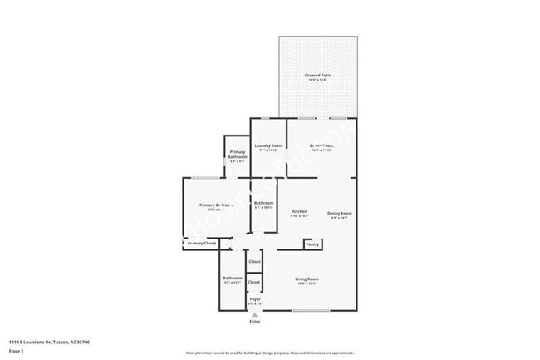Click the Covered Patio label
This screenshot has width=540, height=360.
pos(317,75)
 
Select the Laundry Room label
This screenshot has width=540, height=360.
pos(269,145)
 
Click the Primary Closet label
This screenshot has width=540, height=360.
pos(201,244)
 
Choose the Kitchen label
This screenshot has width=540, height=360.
pos(300,212)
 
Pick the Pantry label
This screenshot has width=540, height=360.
pos(312,244)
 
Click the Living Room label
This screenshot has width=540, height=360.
pos(307,279)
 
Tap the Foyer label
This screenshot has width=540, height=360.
pos(255,298)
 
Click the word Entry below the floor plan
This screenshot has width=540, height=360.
pos(254,322)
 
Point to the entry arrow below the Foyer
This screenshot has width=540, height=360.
pos(254,314)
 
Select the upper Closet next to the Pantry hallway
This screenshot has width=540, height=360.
pos(254,261)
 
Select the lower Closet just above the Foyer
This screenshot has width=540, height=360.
pos(254,282)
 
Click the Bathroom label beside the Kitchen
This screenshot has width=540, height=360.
pos(264,203)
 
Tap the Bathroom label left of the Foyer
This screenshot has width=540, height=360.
pos(233,278)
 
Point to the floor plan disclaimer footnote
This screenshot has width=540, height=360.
pos(270,353)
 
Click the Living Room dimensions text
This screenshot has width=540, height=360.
pos(307,284)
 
